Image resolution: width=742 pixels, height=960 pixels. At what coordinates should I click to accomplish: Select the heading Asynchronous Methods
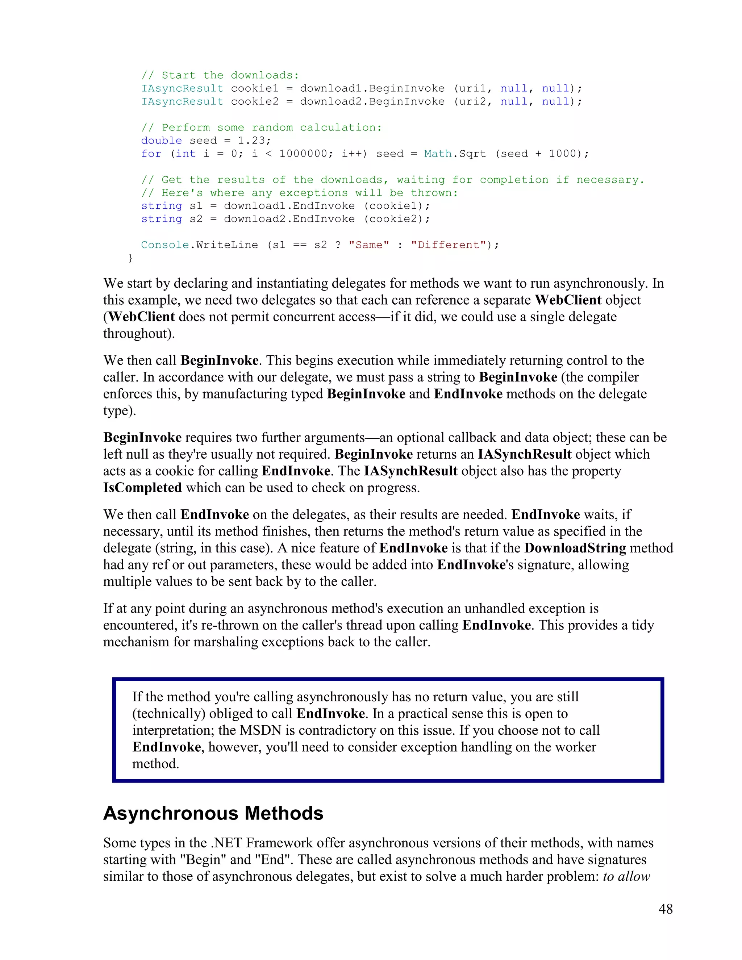tap(213, 813)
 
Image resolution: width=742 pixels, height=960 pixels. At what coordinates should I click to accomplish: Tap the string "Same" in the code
tap(369, 245)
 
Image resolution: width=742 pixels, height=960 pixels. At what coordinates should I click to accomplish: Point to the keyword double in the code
tap(161, 141)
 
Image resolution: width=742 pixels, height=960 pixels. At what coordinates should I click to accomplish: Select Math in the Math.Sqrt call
tap(438, 154)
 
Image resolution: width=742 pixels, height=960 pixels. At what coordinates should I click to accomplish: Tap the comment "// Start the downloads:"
tap(220, 76)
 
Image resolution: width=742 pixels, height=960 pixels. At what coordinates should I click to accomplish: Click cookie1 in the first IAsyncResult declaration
tap(254, 89)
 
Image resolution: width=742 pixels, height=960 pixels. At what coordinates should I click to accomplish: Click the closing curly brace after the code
tap(130, 258)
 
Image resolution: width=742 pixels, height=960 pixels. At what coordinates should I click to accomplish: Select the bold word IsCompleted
tap(142, 488)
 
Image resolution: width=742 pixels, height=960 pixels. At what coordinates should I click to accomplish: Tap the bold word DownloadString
tap(575, 548)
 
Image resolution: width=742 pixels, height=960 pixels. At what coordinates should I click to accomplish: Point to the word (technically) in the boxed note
tap(169, 713)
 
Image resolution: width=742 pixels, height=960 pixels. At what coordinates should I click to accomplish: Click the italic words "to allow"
tap(626, 876)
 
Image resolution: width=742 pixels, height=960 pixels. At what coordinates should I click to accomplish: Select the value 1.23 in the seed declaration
tap(251, 141)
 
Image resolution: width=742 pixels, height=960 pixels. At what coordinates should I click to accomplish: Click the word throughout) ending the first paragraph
tap(139, 334)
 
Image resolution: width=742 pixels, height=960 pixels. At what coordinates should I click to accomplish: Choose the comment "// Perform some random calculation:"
tap(262, 128)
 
